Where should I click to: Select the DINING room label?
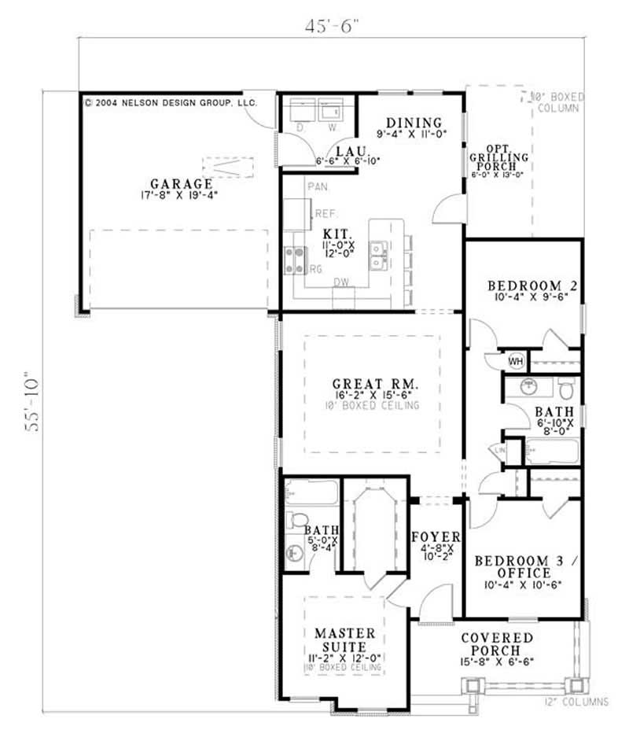click(x=414, y=122)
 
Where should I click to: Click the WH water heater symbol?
click(x=516, y=361)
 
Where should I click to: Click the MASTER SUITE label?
click(x=345, y=640)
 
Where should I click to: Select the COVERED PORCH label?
click(x=497, y=643)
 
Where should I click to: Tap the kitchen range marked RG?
click(x=295, y=260)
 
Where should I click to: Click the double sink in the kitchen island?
click(x=379, y=256)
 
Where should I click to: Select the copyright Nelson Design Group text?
click(x=169, y=102)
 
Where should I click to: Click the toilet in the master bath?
click(x=298, y=520)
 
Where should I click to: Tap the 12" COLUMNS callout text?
click(x=577, y=701)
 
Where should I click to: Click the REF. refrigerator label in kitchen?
click(x=325, y=213)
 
